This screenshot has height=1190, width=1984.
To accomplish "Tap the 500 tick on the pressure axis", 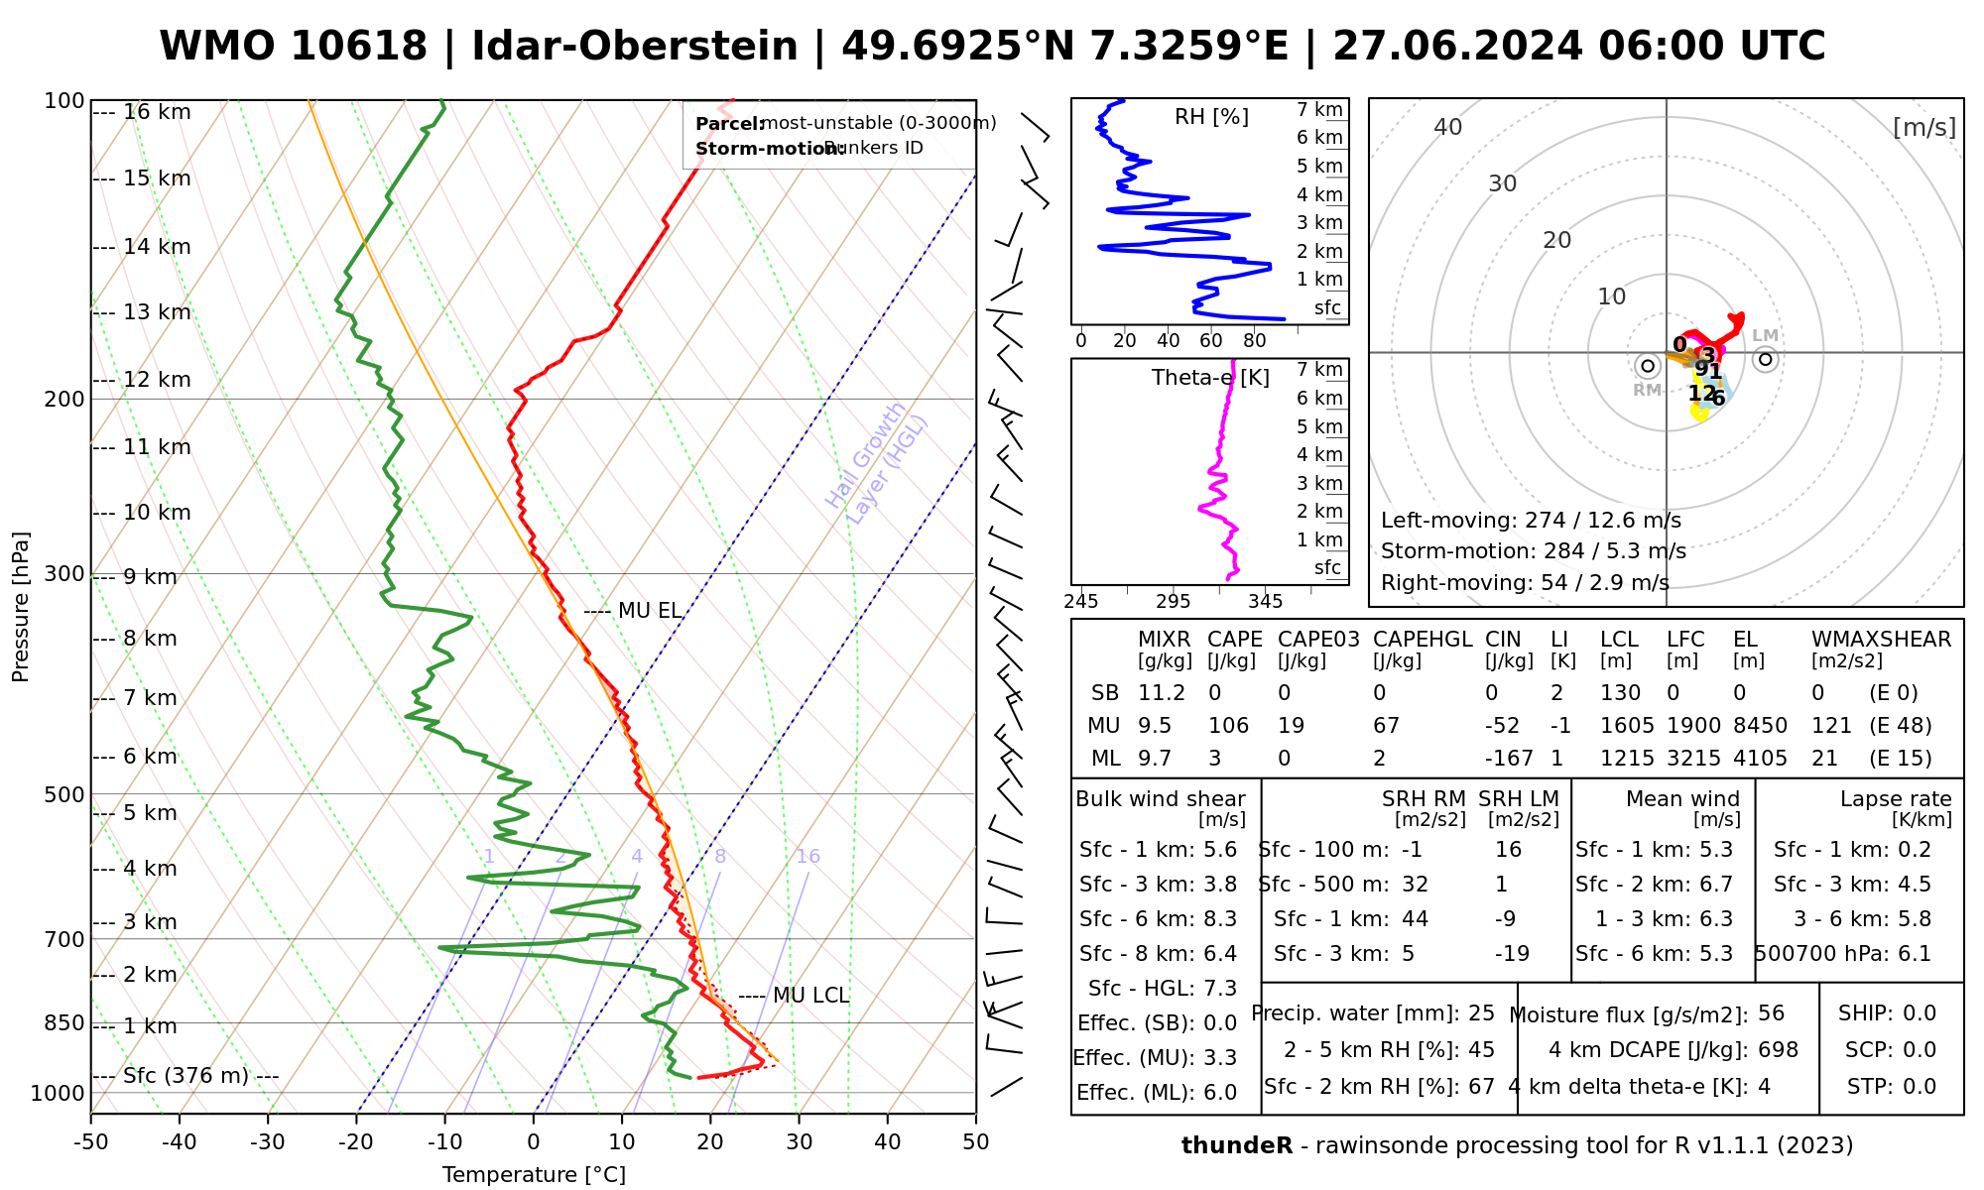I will point(64,794).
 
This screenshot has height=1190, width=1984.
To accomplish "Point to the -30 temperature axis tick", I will point(268,1142).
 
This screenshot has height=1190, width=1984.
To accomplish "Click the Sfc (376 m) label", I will point(186,1076).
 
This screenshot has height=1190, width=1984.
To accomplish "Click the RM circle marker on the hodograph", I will point(1648,366).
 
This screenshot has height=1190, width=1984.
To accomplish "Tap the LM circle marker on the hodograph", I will point(1765,359).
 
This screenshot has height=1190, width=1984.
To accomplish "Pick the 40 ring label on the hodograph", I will point(1448,127).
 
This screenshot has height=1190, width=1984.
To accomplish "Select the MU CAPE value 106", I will point(1228,726).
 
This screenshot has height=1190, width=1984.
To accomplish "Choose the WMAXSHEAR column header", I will point(1881,640).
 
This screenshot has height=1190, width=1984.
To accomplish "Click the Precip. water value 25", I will point(1481,1013).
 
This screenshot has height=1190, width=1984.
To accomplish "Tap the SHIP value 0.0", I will point(1919,1013).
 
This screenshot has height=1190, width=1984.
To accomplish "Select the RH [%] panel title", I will point(1211,117).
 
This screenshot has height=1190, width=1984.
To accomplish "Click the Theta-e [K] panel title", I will point(1210,378).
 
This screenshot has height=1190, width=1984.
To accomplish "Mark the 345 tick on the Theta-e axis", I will point(1265,602).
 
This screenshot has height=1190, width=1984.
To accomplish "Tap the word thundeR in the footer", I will point(1237,1146).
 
